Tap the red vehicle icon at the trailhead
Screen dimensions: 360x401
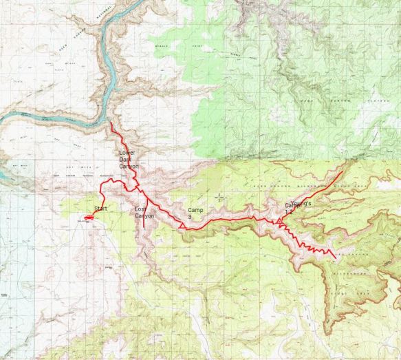[88, 218]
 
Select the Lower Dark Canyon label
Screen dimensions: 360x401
[129, 159]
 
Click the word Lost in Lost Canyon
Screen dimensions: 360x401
[140, 209]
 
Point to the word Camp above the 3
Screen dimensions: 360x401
[195, 209]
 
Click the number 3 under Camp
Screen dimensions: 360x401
[190, 217]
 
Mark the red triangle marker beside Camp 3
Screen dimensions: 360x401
[182, 224]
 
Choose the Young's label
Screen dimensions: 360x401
[301, 204]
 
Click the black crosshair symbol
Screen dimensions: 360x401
[219, 198]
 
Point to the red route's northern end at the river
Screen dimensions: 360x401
[111, 123]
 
